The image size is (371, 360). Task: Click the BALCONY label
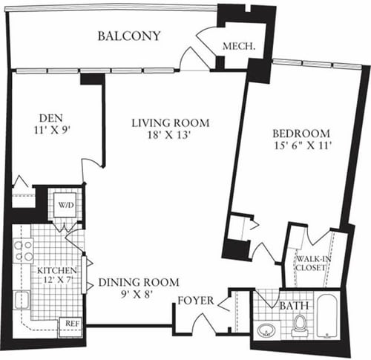(129, 36)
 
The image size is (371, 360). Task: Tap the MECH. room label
(240, 45)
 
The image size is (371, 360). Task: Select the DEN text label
(50, 117)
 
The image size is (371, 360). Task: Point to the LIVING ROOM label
(171, 122)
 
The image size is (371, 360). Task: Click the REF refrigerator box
(72, 324)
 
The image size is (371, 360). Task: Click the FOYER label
(196, 301)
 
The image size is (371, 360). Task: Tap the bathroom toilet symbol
(300, 324)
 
